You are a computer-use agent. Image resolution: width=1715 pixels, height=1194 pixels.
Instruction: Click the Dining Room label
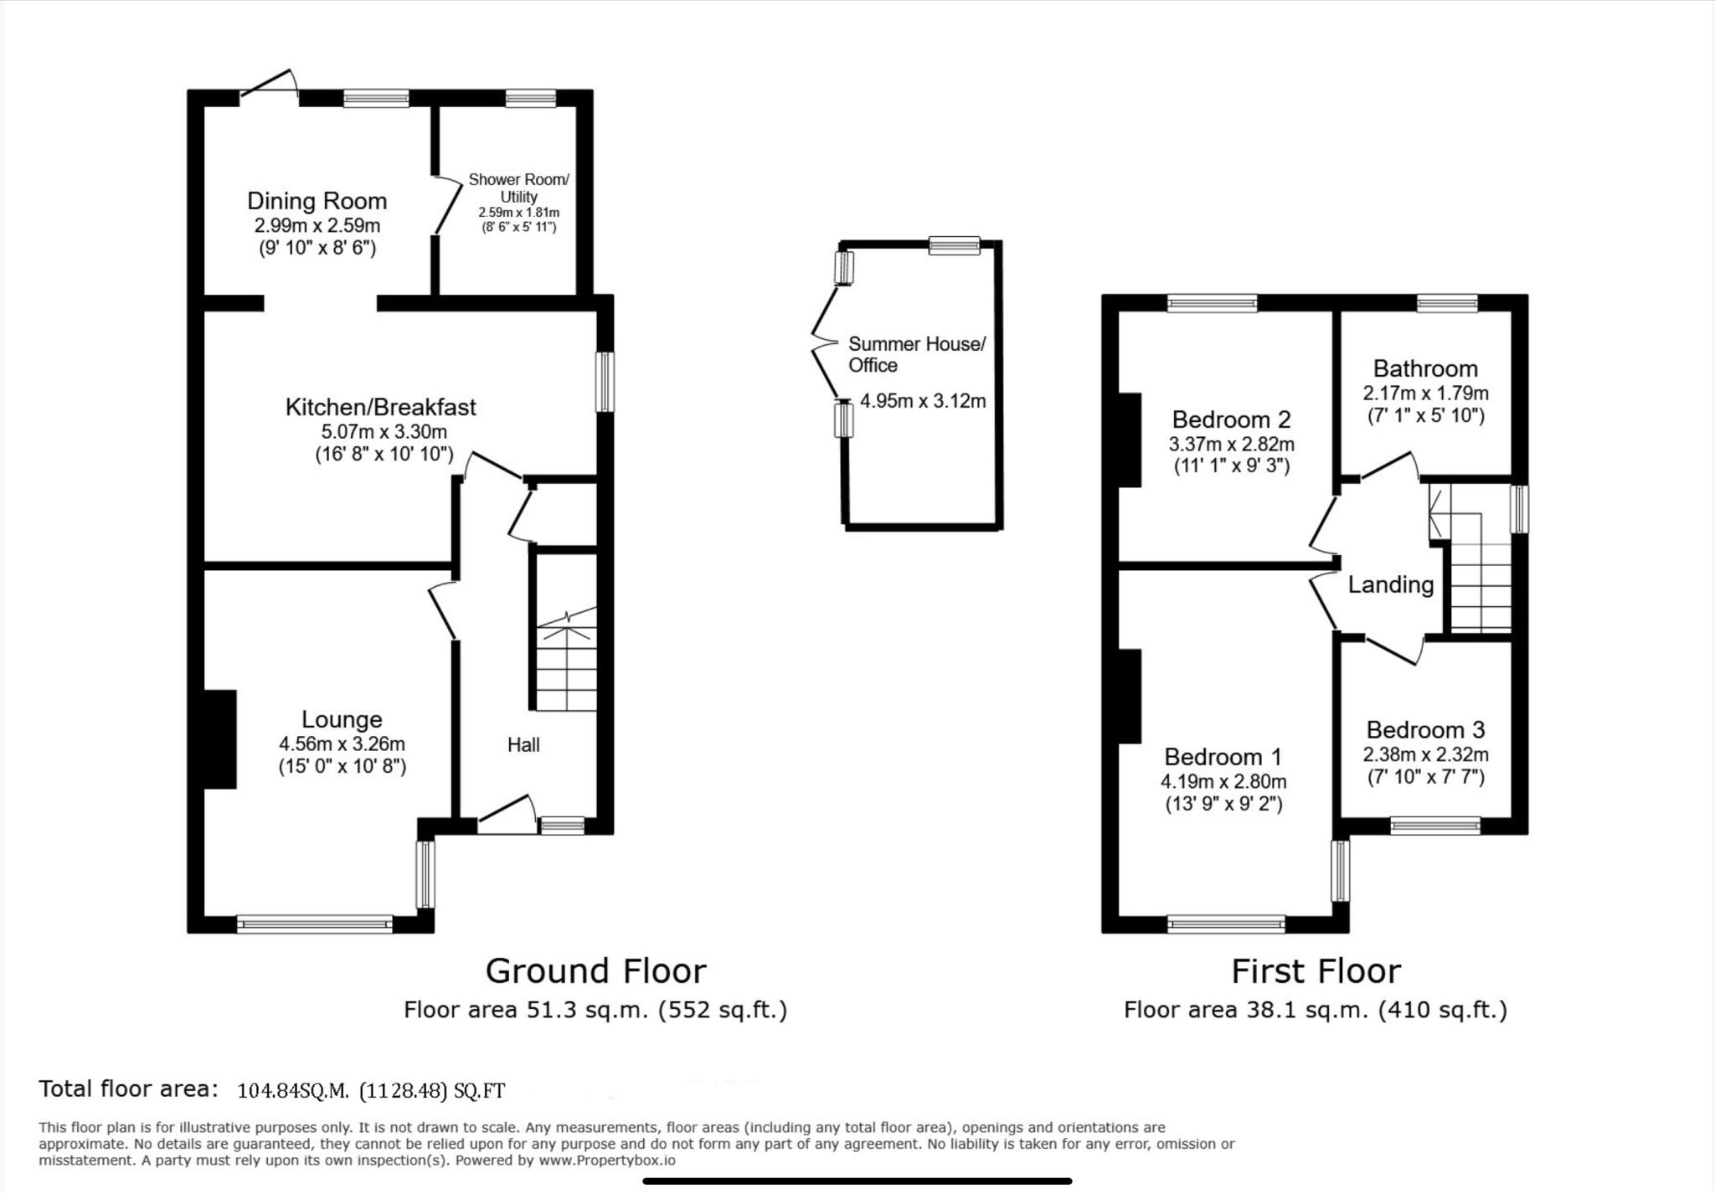coord(317,201)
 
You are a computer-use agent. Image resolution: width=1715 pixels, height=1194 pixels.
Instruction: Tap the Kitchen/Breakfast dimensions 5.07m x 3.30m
coord(384,432)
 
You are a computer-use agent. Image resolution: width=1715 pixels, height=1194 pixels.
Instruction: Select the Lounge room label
coord(342,719)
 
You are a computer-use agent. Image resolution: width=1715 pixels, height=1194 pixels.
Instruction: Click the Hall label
coord(523,744)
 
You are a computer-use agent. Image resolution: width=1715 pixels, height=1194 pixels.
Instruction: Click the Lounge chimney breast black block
coord(219,739)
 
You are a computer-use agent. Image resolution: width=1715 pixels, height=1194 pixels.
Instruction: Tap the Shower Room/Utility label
coord(518,188)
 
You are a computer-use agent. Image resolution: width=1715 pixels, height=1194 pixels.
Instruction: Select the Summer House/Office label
coord(916,354)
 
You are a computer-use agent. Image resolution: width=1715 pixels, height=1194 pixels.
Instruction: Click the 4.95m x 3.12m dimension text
coord(922,401)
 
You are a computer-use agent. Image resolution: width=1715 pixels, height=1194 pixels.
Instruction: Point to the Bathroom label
coord(1425,368)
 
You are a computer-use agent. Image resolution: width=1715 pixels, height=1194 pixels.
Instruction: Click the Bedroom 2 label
coord(1231,419)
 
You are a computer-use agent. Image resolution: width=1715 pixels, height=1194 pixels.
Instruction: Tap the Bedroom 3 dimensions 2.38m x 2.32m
coord(1425,754)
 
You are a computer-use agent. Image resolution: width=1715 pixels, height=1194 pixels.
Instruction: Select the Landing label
coord(1390,584)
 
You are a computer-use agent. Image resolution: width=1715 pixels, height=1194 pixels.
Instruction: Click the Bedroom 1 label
coord(1223,757)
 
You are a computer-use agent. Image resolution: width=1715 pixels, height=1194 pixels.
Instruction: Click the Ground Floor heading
coord(595,971)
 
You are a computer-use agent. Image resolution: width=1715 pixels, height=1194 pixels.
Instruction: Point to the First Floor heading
coord(1315,971)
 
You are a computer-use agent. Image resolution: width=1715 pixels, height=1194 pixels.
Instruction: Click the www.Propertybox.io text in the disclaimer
coord(606,1161)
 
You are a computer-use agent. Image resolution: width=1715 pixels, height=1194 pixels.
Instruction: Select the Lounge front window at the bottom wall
coord(315,924)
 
